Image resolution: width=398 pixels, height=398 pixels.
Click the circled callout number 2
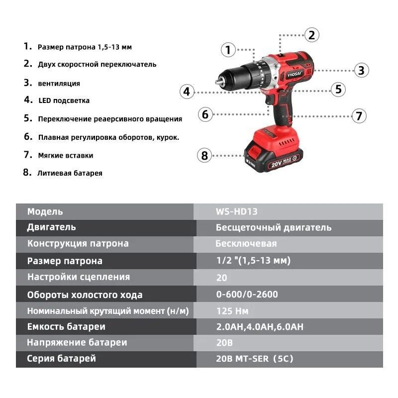coord(312,35)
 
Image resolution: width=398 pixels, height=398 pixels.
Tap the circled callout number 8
coord(204,155)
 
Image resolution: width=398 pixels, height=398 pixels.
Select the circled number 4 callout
coord(187,92)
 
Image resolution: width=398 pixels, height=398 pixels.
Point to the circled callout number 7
coord(359,116)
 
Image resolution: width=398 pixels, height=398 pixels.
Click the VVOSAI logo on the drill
coord(295,74)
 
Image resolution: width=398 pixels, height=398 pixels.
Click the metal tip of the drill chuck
coord(218,82)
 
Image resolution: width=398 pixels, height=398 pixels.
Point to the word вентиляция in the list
coord(59,84)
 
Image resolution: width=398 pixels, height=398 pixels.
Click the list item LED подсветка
coord(64,100)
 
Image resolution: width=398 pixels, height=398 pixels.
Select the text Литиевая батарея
coord(70,173)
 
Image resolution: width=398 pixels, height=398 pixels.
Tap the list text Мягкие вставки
coord(66,155)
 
